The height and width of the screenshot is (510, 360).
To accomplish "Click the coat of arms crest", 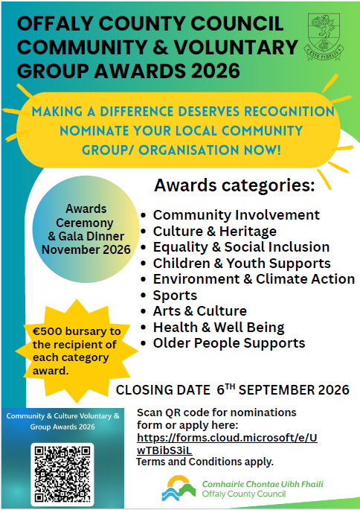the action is click(324, 36).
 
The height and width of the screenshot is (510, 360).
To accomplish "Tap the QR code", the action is click(62, 474).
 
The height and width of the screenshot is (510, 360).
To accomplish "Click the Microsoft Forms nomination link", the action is click(227, 444).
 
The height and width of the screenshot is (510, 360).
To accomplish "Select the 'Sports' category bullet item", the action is click(175, 296).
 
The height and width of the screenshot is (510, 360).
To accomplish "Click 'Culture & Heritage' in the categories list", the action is click(215, 232).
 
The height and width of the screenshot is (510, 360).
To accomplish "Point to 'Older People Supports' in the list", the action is click(229, 343).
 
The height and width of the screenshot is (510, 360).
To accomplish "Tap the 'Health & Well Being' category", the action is click(219, 327).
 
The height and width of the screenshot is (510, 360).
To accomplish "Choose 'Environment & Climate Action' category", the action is click(254, 279).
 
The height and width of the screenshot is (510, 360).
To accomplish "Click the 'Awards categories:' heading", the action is click(234, 185).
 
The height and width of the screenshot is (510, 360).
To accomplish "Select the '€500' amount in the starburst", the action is click(47, 331).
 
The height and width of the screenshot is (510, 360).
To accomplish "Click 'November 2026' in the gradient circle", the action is click(86, 249).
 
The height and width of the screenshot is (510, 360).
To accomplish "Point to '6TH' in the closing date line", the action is click(225, 389).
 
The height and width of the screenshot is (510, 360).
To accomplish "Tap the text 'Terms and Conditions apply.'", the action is click(205, 462).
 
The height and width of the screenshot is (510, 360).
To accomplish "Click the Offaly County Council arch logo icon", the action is click(179, 488).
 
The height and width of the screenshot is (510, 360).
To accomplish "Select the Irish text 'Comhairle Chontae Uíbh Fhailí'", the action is click(263, 484).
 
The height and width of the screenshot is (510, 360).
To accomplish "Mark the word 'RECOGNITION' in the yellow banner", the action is click(289, 112).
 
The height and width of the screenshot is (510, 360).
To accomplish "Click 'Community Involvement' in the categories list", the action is click(237, 215).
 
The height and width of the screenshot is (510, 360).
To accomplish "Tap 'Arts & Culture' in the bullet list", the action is click(200, 311).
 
